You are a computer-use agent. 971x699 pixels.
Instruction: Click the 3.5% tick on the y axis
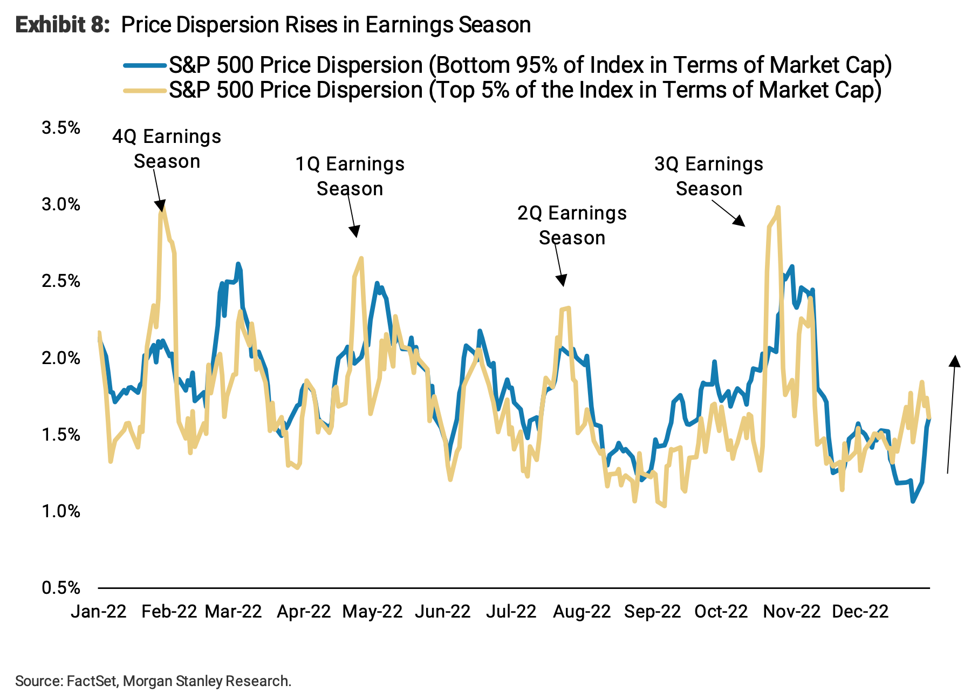pos(60,128)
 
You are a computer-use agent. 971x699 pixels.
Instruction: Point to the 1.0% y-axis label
pos(60,511)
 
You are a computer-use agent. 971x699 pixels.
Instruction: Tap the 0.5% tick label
pos(60,588)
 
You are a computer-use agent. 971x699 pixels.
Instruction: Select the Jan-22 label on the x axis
pos(99,612)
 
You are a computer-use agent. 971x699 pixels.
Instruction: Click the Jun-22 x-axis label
pos(442,612)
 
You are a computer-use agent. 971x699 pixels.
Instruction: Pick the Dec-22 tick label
pos(860,612)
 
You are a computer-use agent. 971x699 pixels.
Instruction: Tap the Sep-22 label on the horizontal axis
pos(652,612)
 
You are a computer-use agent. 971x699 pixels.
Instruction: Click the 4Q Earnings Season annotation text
pos(167,149)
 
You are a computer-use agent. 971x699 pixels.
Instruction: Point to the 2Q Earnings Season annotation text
pos(572,225)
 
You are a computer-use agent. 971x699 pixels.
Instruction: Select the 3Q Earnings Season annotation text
pos(709,176)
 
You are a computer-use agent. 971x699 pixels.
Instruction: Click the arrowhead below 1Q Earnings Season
pos(354,232)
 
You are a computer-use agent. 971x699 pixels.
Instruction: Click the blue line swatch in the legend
pos(145,66)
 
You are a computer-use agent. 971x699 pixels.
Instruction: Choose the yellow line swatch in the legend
pos(145,91)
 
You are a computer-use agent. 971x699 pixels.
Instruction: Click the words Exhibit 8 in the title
pos(63,25)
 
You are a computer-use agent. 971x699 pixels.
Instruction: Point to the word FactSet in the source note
pos(91,681)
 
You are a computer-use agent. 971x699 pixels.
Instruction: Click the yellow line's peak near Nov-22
pos(778,207)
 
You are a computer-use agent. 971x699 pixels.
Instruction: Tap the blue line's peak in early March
pos(238,264)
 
